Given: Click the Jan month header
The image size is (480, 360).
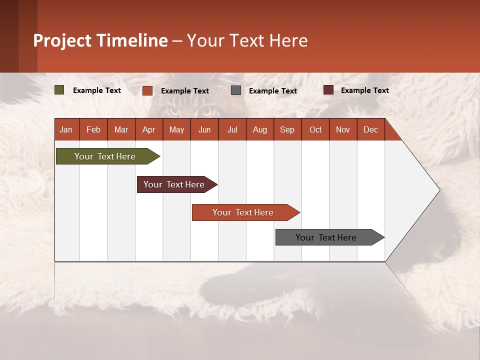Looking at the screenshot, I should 66,129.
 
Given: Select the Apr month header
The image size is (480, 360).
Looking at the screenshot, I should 148,129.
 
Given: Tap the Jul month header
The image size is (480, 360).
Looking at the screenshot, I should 232,129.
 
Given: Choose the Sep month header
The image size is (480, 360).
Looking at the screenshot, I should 287,129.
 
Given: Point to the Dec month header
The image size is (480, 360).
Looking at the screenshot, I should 370,129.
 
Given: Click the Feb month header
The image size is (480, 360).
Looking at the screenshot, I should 93,129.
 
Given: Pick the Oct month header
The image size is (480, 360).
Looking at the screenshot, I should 315,129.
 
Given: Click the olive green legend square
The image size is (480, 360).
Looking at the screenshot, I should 59,90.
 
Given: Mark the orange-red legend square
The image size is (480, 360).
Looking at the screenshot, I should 147,90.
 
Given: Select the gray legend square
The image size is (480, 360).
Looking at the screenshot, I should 236,90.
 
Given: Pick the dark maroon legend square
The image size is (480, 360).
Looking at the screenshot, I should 328,90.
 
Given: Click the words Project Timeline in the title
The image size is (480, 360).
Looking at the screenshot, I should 100,40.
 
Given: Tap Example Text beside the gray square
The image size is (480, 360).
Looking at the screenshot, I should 272,91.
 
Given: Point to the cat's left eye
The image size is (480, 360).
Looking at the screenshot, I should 174,110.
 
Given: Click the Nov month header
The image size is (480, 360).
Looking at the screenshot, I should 343,129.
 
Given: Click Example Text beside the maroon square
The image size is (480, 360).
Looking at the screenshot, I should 364,90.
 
